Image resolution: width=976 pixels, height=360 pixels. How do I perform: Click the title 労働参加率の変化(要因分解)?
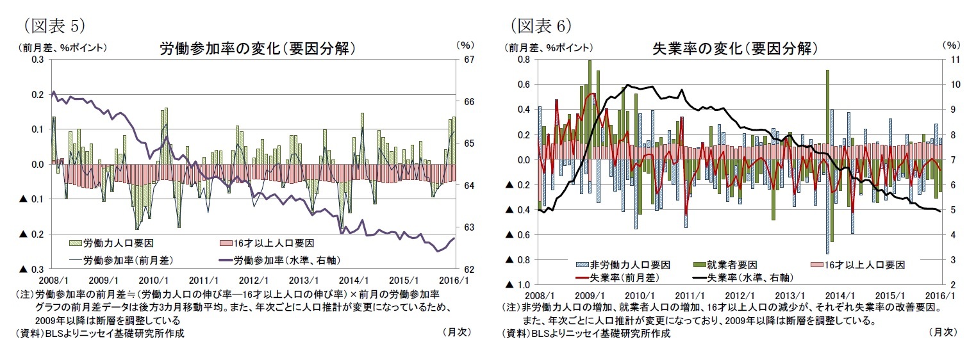pyautogui.click(x=257, y=49)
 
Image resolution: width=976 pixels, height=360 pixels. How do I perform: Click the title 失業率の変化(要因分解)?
pyautogui.click(x=734, y=49)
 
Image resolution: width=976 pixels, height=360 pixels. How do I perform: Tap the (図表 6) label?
pyautogui.click(x=540, y=25)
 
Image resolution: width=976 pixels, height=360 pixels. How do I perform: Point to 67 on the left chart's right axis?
pyautogui.click(x=468, y=60)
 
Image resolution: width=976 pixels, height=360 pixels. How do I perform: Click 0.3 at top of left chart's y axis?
pyautogui.click(x=38, y=60)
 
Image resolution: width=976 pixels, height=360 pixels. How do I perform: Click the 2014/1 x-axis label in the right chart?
pyautogui.click(x=838, y=295)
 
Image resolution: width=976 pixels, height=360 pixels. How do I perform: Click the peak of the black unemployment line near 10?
pyautogui.click(x=627, y=85)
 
